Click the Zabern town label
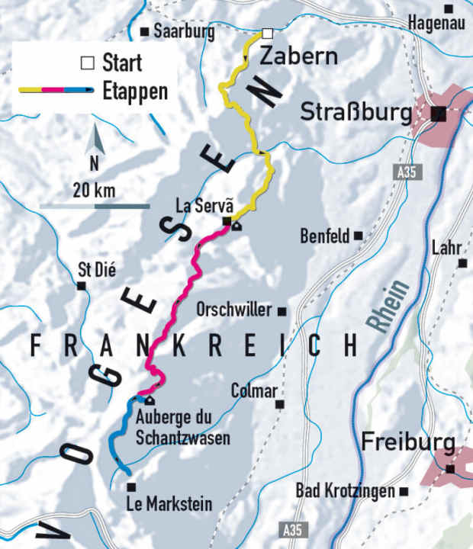click(299, 56)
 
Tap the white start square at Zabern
click(267, 33)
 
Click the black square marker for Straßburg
click(438, 114)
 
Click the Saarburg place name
click(184, 31)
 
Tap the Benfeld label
click(324, 235)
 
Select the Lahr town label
click(447, 248)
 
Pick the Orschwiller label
click(233, 310)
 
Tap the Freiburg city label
click(408, 443)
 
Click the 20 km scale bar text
click(94, 190)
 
